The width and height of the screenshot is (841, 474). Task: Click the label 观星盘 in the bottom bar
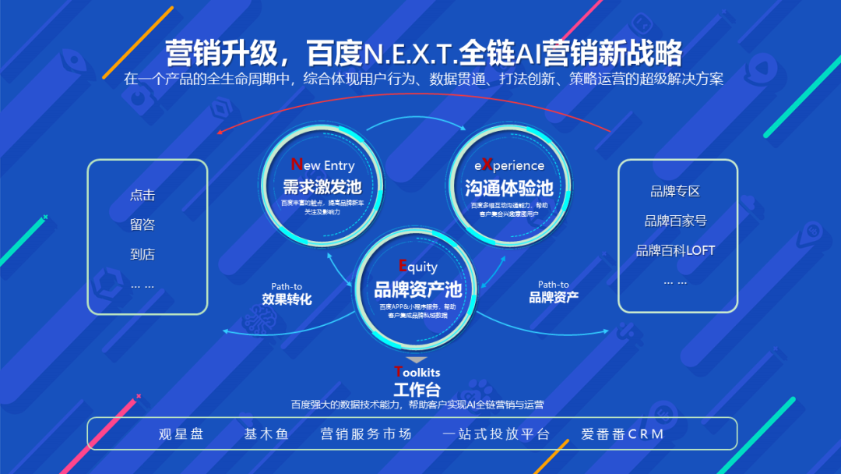coord(181,434)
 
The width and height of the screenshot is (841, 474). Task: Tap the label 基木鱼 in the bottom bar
coord(266,434)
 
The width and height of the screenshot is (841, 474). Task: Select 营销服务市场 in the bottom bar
coord(366,434)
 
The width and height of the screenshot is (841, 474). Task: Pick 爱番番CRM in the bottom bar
coord(622,434)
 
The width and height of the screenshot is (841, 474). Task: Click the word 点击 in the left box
coord(143,195)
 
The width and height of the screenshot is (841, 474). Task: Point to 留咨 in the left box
coord(143,225)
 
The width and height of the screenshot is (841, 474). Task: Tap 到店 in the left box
coord(143,254)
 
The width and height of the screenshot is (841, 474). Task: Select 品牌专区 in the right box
coord(675,191)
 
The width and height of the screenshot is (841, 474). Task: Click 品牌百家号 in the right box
coord(675,221)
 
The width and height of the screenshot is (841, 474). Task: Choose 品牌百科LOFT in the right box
coord(675,250)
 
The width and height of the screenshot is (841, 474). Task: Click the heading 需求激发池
coord(322,187)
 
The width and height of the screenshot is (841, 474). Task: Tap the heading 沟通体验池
coord(508,188)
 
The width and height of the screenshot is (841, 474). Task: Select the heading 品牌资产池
coord(418,290)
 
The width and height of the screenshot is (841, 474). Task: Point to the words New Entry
coord(322,165)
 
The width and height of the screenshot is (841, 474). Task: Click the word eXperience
coord(509,165)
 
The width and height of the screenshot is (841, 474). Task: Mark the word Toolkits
coord(417,372)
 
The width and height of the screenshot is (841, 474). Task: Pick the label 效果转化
coord(287,299)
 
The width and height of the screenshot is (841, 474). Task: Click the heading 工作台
coord(417,389)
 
